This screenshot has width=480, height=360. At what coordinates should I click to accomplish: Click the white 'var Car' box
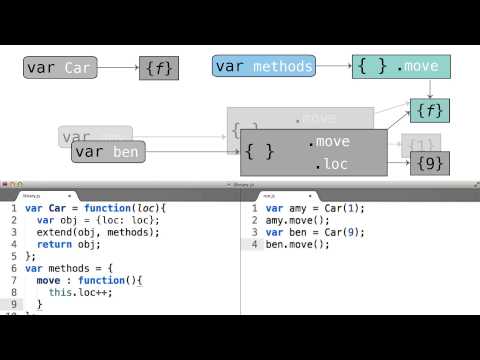(x=63, y=68)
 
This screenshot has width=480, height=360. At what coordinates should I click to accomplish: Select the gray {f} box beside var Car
(x=159, y=68)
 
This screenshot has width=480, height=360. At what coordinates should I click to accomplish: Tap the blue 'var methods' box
(x=264, y=67)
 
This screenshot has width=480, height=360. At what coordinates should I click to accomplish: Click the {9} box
(x=430, y=162)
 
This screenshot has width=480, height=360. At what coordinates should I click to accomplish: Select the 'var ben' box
(x=106, y=153)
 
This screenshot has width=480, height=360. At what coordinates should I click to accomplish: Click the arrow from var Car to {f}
(x=120, y=68)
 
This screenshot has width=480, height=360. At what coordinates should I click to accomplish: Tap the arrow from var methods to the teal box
(x=334, y=67)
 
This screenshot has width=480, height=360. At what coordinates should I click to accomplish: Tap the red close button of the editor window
(x=6, y=184)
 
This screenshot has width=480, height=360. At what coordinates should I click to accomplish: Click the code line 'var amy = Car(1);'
(x=312, y=208)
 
